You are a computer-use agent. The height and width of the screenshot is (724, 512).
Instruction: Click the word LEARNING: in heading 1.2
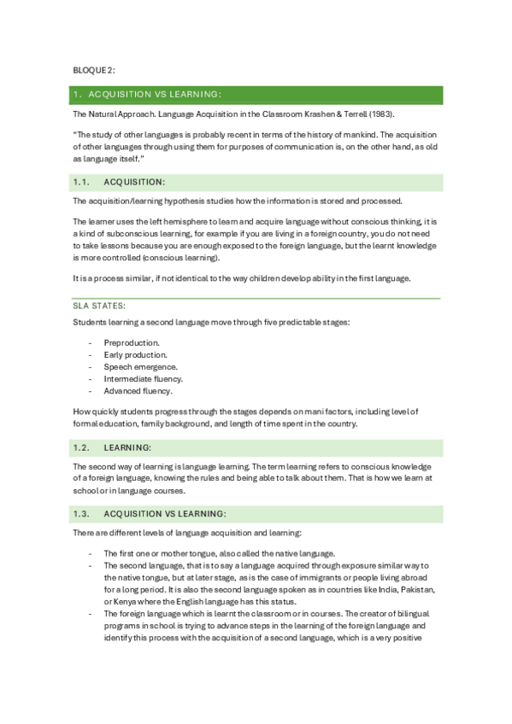pos(127,447)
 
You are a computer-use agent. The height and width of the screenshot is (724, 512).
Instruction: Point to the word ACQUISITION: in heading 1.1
pos(134,182)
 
